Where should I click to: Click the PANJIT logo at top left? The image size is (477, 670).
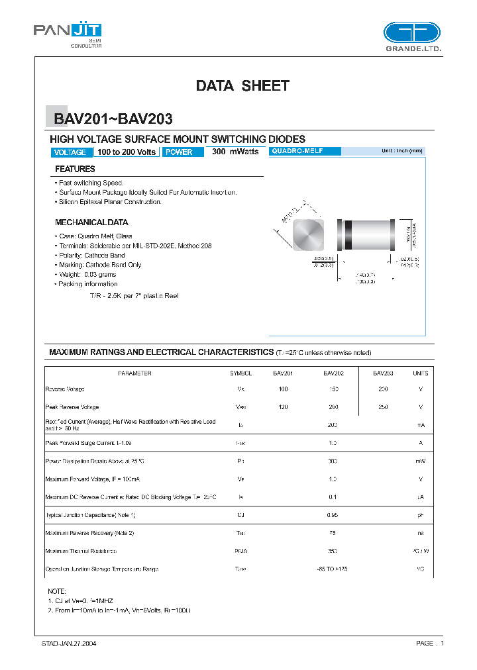pyautogui.click(x=68, y=33)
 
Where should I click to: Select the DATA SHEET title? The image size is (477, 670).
pyautogui.click(x=242, y=85)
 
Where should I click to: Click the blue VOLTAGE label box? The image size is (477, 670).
pyautogui.click(x=70, y=152)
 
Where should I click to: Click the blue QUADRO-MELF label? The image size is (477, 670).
pyautogui.click(x=305, y=152)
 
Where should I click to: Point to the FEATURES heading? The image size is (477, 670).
pyautogui.click(x=75, y=169)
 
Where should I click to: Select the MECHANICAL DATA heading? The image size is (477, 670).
pyautogui.click(x=91, y=222)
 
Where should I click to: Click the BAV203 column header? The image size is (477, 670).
pyautogui.click(x=383, y=373)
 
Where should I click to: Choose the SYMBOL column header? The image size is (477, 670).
pyautogui.click(x=240, y=373)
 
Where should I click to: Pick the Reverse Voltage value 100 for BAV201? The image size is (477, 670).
pyautogui.click(x=284, y=389)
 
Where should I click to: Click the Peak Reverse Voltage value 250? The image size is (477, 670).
pyautogui.click(x=383, y=407)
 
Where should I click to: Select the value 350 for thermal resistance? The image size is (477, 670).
pyautogui.click(x=333, y=551)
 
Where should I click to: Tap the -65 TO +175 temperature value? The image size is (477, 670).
pyautogui.click(x=333, y=569)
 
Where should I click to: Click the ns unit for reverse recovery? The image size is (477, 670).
pyautogui.click(x=421, y=533)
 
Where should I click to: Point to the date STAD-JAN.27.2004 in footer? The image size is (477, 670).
pyautogui.click(x=69, y=644)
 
